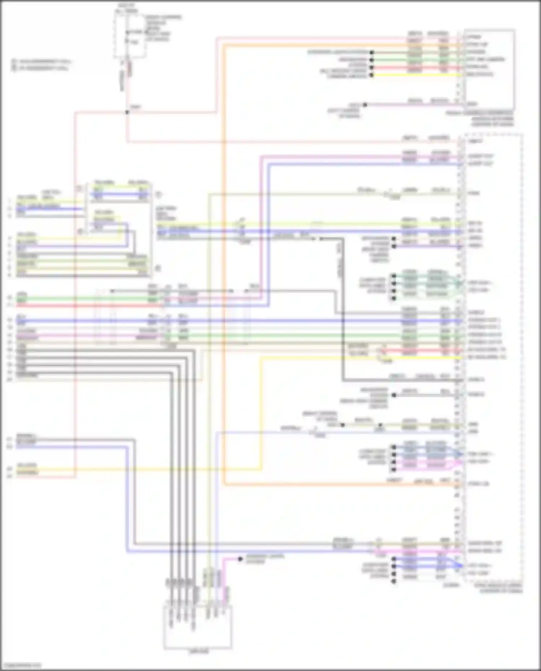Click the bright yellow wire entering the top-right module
pos(415,75)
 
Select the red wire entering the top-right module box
pos(415,67)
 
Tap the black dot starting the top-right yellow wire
pos(372,75)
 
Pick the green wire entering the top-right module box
pos(415,60)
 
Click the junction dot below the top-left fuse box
pos(127,112)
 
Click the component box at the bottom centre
pos(198,627)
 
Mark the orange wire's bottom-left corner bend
pos(224,484)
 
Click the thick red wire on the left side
pos(90,306)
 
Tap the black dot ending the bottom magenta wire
pos(240,559)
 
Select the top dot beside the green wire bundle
pos(394,276)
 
